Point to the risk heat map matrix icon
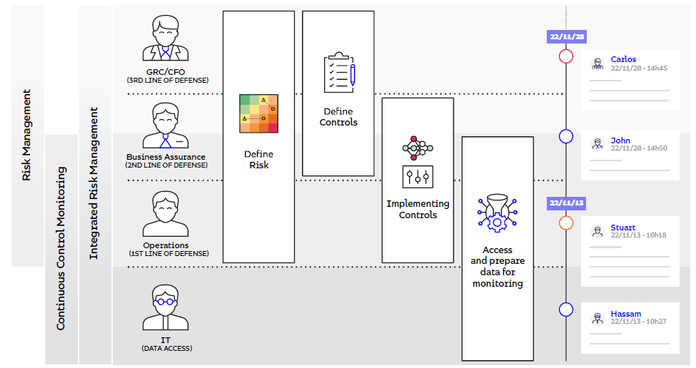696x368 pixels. coord(258,114)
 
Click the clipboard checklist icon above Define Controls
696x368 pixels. coord(338,72)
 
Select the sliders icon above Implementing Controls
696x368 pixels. coord(418,176)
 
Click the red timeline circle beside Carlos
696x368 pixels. coord(566,56)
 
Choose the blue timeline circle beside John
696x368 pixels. coord(566,136)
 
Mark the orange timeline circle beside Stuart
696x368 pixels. coord(566,223)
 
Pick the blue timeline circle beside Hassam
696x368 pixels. coord(566,310)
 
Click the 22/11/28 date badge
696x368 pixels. coord(566,36)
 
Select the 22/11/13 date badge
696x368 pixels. coord(566,203)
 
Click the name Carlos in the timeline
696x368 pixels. coord(623,59)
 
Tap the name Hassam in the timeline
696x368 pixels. coord(625,314)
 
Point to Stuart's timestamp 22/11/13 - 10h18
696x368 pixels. coord(638,235)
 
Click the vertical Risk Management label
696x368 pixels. coord(27,135)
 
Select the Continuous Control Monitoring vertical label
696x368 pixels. coord(61,248)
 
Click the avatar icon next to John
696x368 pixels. coord(597,144)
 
